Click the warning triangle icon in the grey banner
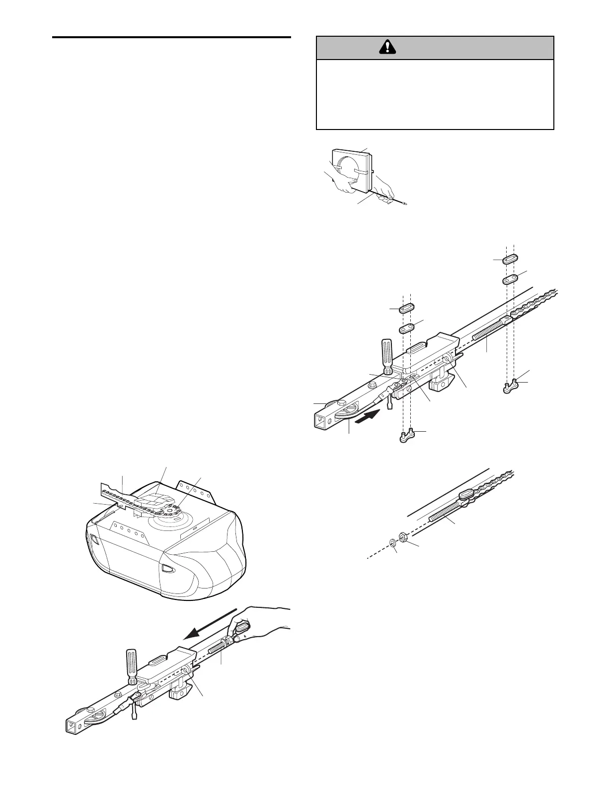[385, 48]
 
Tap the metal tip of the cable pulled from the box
[406, 203]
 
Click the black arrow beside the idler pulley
[369, 415]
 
